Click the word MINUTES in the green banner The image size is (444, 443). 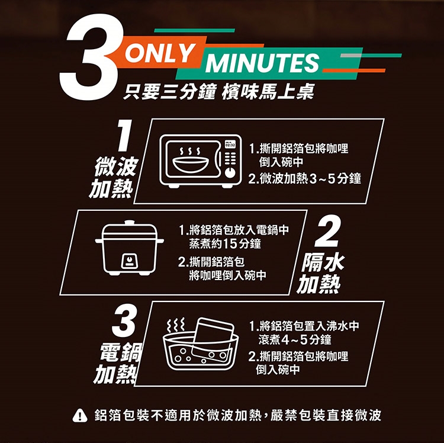[262, 62]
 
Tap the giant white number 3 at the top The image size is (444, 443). [91, 57]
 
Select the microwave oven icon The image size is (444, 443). [201, 161]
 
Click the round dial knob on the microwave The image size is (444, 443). [230, 172]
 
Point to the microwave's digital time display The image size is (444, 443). [230, 145]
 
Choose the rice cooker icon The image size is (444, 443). [130, 248]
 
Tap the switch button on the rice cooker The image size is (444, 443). [130, 261]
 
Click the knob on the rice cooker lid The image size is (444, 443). [129, 223]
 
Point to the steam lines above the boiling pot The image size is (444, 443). [176, 325]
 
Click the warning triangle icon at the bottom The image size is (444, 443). [80, 416]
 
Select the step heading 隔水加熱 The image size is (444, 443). [320, 274]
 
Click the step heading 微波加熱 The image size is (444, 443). [114, 177]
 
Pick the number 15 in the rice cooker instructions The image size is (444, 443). [229, 243]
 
